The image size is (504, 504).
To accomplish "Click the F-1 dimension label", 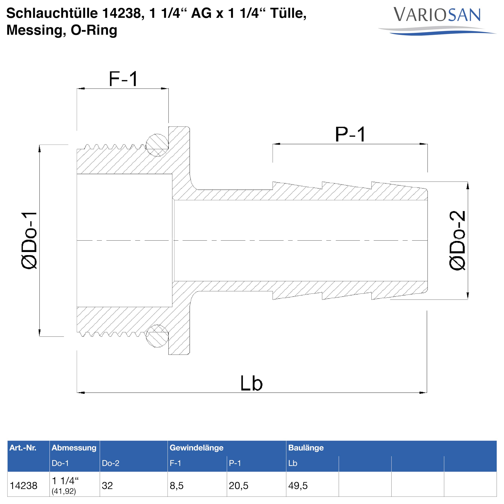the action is pyautogui.click(x=123, y=79).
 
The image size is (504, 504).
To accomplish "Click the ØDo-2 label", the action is pyautogui.click(x=457, y=241).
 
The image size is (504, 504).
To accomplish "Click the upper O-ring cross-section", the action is pyautogui.click(x=157, y=145).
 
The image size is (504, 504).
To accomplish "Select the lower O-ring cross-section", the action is pyautogui.click(x=157, y=336).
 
